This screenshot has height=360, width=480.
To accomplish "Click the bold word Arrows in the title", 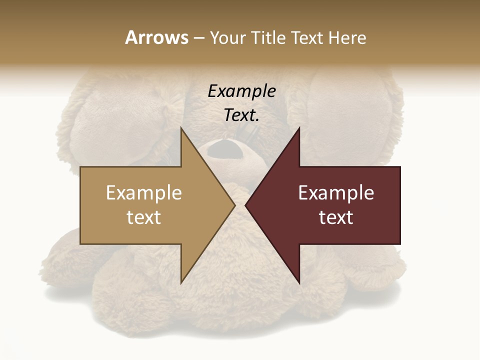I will tap(156, 37).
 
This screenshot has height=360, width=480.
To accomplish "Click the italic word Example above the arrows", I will tap(241, 91).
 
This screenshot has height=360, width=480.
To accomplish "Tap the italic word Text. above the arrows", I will tap(241, 115).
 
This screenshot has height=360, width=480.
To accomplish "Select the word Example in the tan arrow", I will tap(144, 193).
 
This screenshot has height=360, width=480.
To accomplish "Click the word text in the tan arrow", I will tap(144, 217).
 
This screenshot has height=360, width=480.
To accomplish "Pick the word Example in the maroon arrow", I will tap(336, 193).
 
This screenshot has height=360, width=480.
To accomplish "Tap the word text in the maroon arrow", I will tap(336, 217).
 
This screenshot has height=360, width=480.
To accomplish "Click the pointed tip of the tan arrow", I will tap(234, 205).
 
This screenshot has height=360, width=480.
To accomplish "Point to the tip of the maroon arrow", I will tap(246, 205).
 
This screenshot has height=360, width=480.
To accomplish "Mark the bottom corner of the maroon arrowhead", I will tap(299, 283).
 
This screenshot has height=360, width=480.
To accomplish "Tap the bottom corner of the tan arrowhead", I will tap(181, 283).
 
